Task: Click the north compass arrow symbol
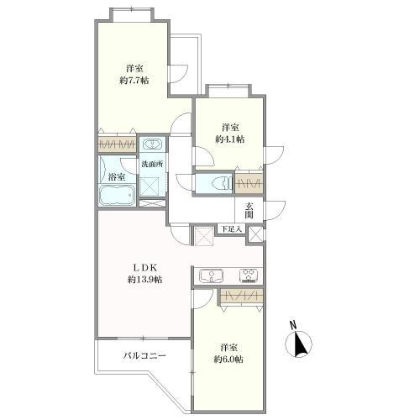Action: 298,344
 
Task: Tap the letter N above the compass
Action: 293,325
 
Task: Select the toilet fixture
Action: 221,183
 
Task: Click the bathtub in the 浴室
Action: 117,195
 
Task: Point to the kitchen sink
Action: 211,276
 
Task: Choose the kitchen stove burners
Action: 249,276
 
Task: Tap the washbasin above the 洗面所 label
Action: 152,144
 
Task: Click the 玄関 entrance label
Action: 249,210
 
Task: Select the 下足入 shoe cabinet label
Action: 231,228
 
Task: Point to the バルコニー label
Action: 145,356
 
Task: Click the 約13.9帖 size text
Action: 145,280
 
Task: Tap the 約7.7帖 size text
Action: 134,81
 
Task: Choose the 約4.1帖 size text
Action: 230,139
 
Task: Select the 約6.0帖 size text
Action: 228,359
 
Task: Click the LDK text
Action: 145,268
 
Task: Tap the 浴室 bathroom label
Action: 117,176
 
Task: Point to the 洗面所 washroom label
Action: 152,164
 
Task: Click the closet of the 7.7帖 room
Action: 117,144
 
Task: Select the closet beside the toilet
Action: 249,183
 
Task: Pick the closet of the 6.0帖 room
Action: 242,295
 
